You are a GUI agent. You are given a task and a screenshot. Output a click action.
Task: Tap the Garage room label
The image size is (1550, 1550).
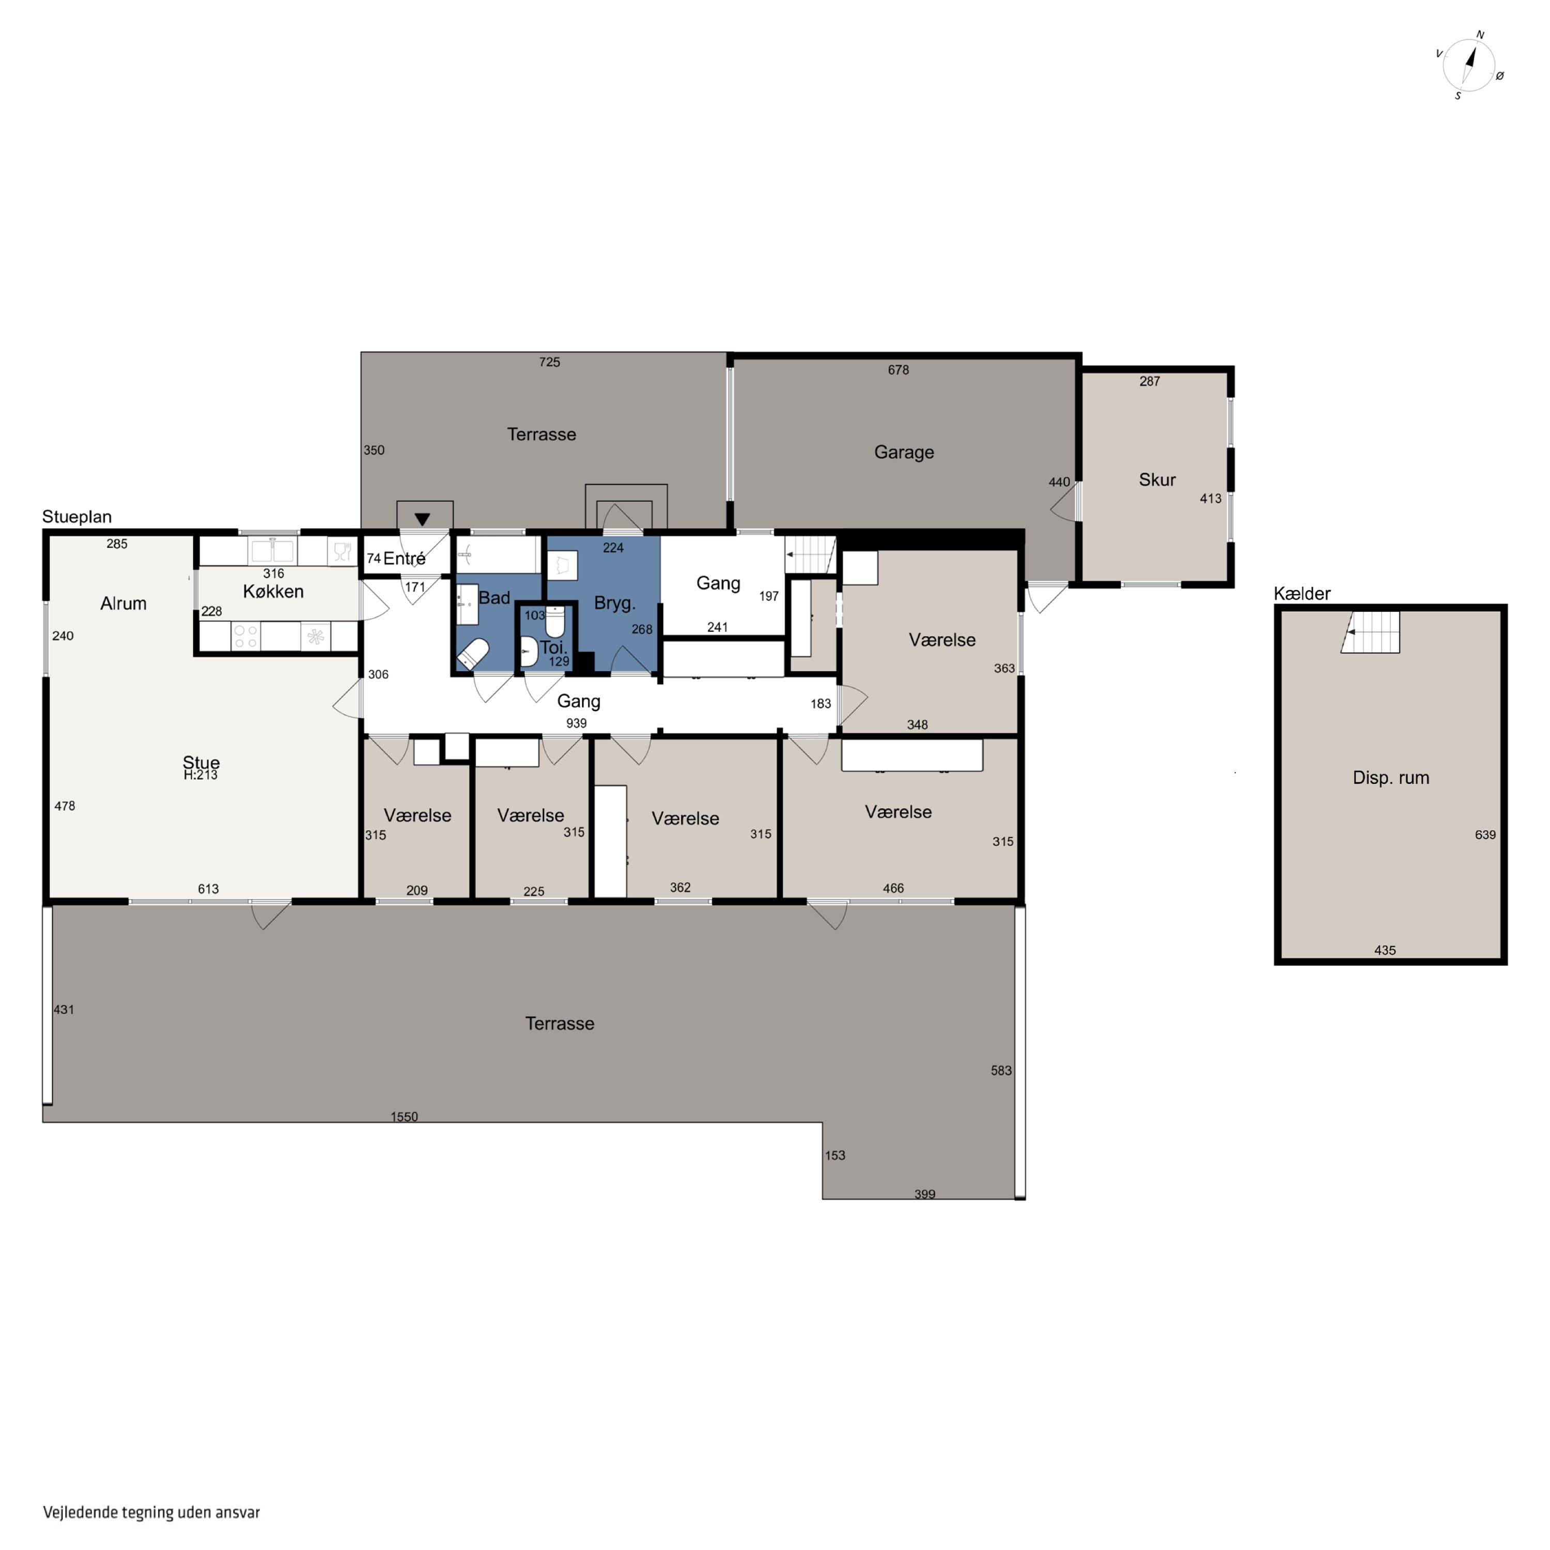pos(904,453)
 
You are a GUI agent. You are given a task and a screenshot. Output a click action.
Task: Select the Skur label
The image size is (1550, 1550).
pos(1157,480)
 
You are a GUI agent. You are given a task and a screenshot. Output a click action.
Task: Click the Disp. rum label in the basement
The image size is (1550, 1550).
pos(1390,778)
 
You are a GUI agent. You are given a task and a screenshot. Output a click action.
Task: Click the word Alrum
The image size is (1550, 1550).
pos(123,603)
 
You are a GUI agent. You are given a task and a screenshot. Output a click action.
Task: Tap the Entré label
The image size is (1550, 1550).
pos(405,559)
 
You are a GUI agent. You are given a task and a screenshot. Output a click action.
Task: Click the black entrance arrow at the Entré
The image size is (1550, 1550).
pos(422,519)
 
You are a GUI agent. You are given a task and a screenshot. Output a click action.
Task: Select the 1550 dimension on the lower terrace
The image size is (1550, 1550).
pos(405,1117)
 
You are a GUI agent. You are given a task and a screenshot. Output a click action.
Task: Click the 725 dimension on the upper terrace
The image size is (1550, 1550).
pos(550,362)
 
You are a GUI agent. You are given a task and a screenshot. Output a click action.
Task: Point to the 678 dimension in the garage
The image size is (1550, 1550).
pos(898,370)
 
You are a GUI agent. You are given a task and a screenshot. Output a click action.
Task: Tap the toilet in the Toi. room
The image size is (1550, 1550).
pos(555,622)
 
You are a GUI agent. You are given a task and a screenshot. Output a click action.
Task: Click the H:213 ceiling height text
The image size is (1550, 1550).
pos(200,775)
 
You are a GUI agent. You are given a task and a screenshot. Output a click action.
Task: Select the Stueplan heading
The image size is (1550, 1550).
pos(77,517)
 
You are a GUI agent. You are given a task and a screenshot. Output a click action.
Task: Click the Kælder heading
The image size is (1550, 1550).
pos(1302,594)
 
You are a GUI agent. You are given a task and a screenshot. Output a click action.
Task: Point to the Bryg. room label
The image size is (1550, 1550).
pos(614,603)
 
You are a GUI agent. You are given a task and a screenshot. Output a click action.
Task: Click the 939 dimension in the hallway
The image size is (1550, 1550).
pos(576,723)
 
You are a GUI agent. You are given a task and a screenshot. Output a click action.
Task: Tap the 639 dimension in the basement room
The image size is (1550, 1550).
pos(1485,834)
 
